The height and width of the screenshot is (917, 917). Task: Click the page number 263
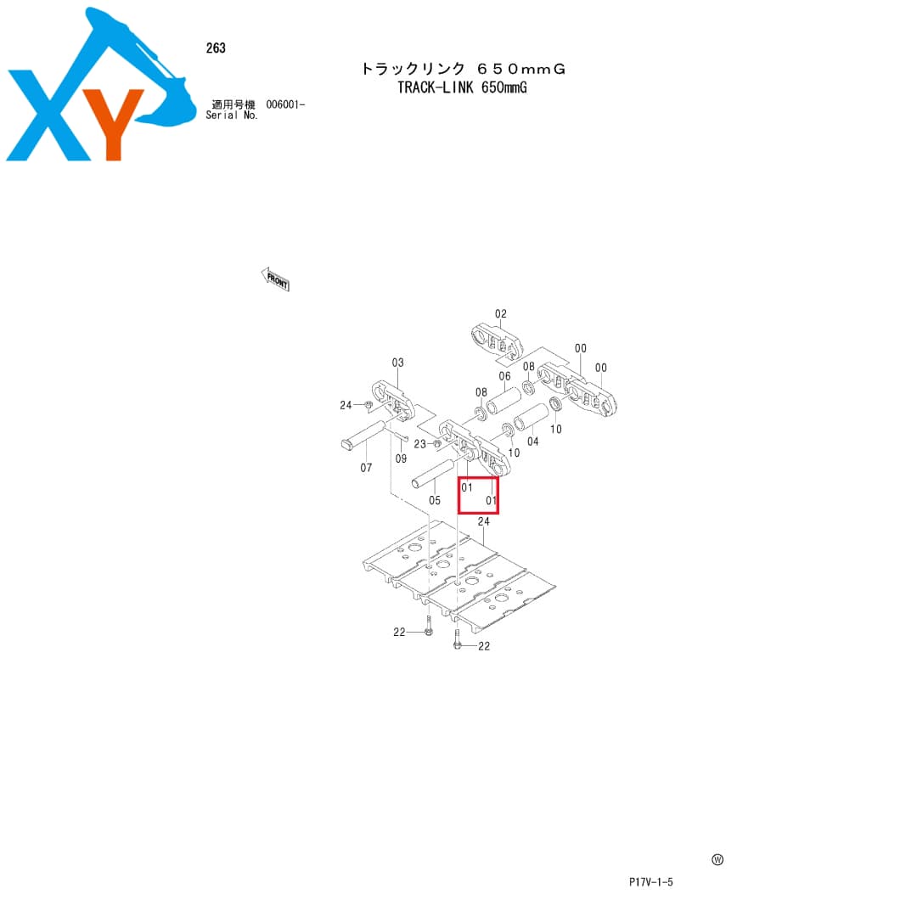click(216, 48)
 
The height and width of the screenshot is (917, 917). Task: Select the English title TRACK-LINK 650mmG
click(462, 87)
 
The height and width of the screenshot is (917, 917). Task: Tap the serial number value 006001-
click(285, 104)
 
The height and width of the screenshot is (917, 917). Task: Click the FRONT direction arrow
click(275, 279)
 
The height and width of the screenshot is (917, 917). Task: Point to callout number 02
click(501, 314)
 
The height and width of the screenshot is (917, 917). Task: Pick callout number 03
click(397, 363)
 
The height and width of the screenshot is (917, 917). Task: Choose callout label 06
click(504, 377)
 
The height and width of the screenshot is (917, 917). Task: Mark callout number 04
click(532, 442)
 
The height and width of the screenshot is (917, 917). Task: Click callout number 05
click(435, 501)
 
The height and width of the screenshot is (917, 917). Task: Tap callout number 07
click(366, 468)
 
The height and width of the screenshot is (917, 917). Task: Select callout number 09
click(401, 459)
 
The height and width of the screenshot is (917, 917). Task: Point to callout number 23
click(420, 444)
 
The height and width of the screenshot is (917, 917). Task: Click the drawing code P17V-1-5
click(651, 882)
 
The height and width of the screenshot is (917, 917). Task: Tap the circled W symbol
click(717, 859)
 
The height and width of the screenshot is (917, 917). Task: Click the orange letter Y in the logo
click(114, 124)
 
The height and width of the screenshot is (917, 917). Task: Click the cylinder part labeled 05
click(433, 474)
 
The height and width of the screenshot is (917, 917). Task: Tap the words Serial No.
click(232, 115)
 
